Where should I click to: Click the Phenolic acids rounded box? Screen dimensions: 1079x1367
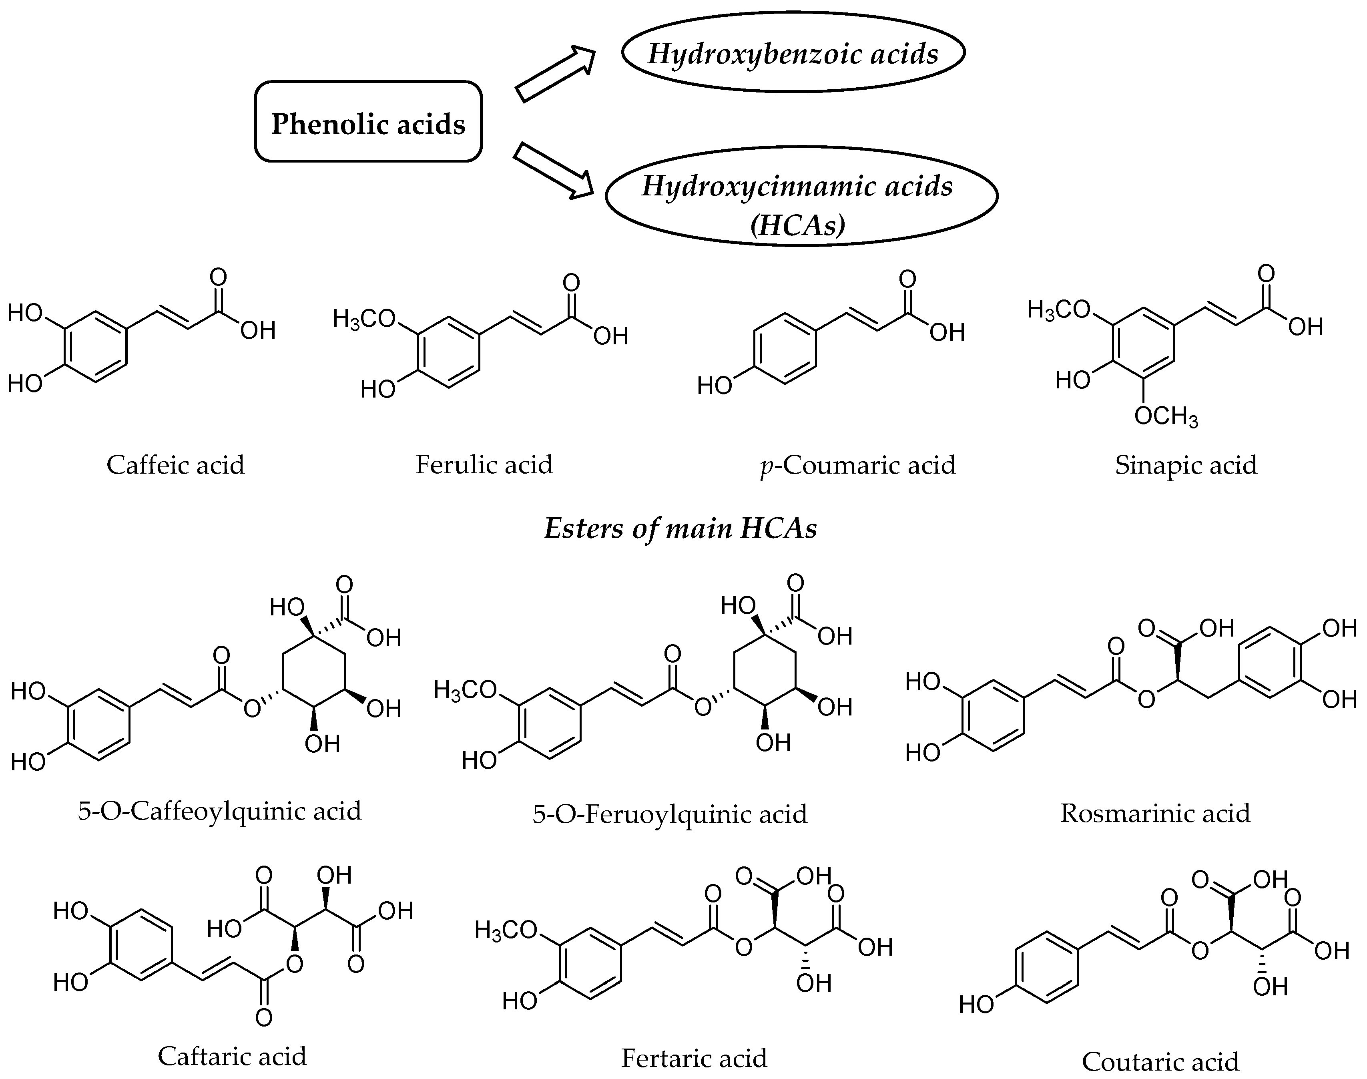tap(368, 122)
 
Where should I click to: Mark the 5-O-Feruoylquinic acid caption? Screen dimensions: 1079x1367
tap(670, 814)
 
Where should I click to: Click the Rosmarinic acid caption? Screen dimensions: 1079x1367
tap(1155, 813)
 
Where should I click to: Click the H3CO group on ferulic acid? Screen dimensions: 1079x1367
tap(365, 319)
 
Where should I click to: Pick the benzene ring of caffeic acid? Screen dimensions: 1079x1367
tap(96, 347)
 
